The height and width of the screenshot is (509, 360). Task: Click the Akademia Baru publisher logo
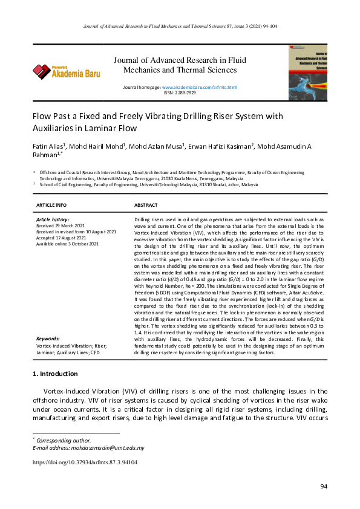pos(67,72)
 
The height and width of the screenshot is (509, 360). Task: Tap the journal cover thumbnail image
pos(307,72)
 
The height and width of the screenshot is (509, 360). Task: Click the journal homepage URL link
pos(199,88)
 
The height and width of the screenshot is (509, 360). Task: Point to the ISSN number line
pos(180,93)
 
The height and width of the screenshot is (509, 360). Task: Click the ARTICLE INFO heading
pos(51,206)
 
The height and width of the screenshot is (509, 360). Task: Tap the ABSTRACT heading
pos(146,206)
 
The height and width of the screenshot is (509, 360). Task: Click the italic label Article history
pos(53,219)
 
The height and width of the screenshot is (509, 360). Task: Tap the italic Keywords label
pos(48,339)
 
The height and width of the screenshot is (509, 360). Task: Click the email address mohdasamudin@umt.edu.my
pos(106,448)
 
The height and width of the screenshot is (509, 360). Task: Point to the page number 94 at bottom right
pos(324,487)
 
